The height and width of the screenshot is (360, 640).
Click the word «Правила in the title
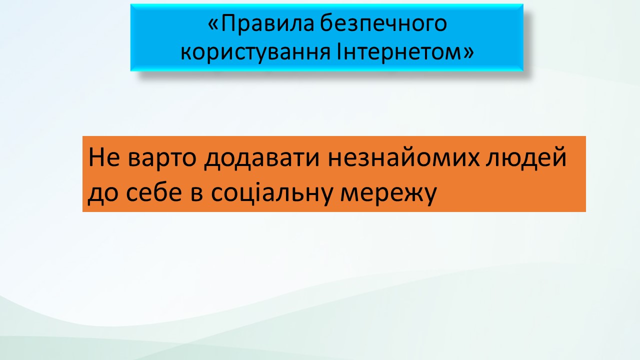coord(261,24)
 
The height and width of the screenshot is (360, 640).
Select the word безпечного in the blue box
coord(383,24)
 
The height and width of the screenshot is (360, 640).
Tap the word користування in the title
coord(255,52)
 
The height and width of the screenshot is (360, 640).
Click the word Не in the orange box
coord(104,157)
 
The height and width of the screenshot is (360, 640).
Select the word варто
coord(162,158)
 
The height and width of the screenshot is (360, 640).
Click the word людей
coord(526,157)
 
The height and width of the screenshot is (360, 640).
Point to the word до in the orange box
coord(103,193)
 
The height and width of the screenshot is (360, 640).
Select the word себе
coord(154,191)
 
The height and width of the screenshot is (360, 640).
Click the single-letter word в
coord(196,193)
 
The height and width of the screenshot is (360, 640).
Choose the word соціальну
coord(271,192)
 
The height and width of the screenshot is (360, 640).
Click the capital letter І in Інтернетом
coord(339,51)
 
